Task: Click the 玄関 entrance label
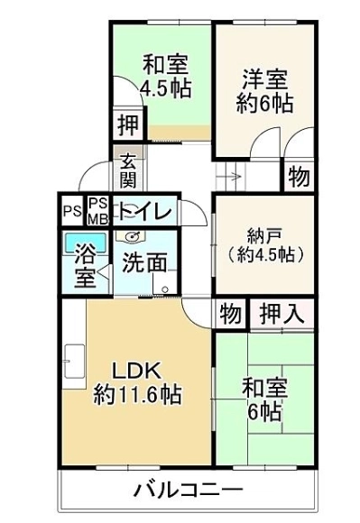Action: click(x=128, y=170)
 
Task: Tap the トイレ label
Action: click(x=147, y=212)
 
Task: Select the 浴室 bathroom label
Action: click(x=86, y=266)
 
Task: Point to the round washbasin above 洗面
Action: click(x=131, y=237)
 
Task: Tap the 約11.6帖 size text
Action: click(x=137, y=395)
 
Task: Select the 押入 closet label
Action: click(x=282, y=314)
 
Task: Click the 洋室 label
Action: click(x=265, y=79)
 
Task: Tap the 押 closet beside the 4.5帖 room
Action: click(x=128, y=125)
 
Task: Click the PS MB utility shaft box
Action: click(x=98, y=211)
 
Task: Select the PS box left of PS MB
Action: click(x=73, y=212)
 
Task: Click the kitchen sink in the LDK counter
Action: click(x=75, y=362)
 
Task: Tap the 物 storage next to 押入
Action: click(x=230, y=314)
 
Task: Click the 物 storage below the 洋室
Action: click(x=299, y=177)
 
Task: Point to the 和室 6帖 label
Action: click(x=265, y=399)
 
